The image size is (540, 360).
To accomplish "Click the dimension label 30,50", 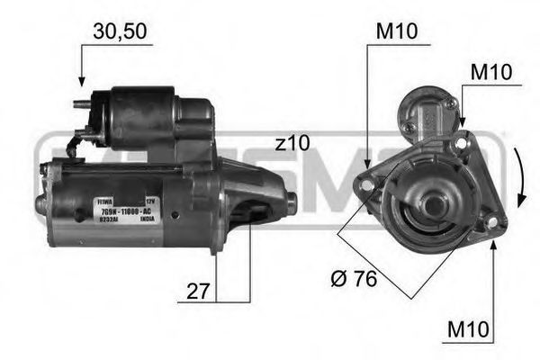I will [119, 32].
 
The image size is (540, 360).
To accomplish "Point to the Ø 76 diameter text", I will [354, 279].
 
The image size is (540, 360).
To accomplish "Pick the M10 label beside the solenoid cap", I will [492, 71].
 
